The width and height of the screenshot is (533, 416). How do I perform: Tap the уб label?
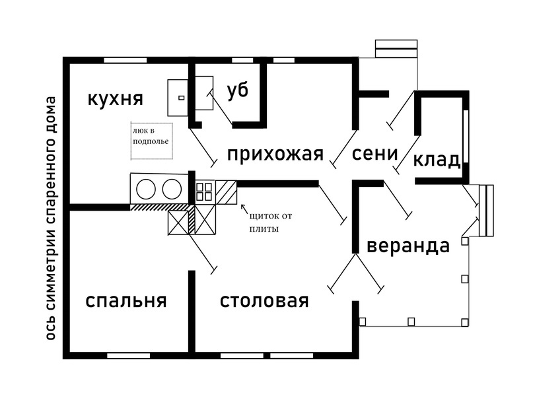238,91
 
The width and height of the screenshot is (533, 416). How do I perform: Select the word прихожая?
275,155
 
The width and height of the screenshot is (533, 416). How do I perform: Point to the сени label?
374,154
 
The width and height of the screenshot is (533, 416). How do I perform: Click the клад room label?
437,160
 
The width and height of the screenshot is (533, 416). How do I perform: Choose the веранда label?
408,246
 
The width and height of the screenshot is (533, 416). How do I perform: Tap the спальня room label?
126,301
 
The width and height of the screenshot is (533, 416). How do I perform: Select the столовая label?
264,301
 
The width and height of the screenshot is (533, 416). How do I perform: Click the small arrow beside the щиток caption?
244,210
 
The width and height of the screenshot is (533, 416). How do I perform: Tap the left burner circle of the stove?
146,190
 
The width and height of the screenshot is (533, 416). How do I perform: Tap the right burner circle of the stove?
172,190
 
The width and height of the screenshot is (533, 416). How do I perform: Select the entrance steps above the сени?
396,49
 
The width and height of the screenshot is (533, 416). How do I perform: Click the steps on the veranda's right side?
487,211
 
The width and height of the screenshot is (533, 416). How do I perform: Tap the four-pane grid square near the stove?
205,191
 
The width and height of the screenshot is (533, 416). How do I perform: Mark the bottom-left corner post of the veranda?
362,322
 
